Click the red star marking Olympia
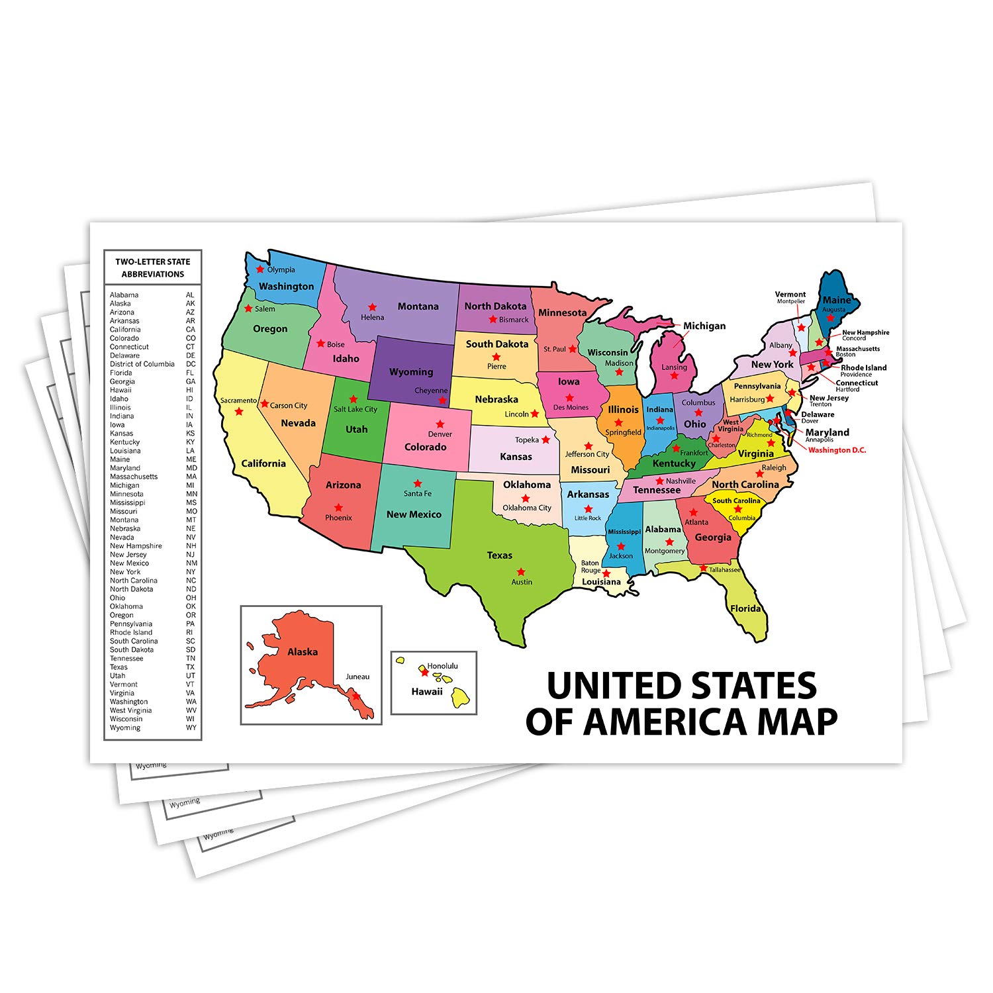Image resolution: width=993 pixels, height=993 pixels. (260, 269)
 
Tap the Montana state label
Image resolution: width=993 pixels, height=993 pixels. (418, 307)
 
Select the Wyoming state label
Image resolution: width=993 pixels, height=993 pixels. (411, 372)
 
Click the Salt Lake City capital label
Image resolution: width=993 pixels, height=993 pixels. (355, 409)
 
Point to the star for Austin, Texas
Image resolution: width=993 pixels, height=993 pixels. (521, 571)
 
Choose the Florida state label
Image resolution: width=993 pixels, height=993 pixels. (745, 608)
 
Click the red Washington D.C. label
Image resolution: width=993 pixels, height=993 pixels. (837, 450)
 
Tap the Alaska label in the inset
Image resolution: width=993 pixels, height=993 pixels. (303, 652)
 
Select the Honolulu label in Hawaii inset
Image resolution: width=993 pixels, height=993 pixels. (442, 666)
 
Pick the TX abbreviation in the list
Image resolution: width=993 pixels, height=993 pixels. (191, 667)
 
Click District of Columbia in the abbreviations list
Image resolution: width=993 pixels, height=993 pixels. (142, 364)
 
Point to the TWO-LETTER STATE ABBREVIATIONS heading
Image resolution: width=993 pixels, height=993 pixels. (153, 267)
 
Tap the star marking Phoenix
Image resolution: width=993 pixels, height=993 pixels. (338, 507)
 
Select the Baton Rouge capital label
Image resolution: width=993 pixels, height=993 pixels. (591, 567)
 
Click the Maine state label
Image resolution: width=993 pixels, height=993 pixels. (837, 300)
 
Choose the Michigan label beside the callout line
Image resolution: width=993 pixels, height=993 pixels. (704, 326)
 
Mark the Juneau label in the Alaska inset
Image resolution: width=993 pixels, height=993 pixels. (357, 677)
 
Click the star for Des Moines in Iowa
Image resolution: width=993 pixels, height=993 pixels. (569, 398)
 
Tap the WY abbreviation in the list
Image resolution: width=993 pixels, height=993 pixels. (191, 728)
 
